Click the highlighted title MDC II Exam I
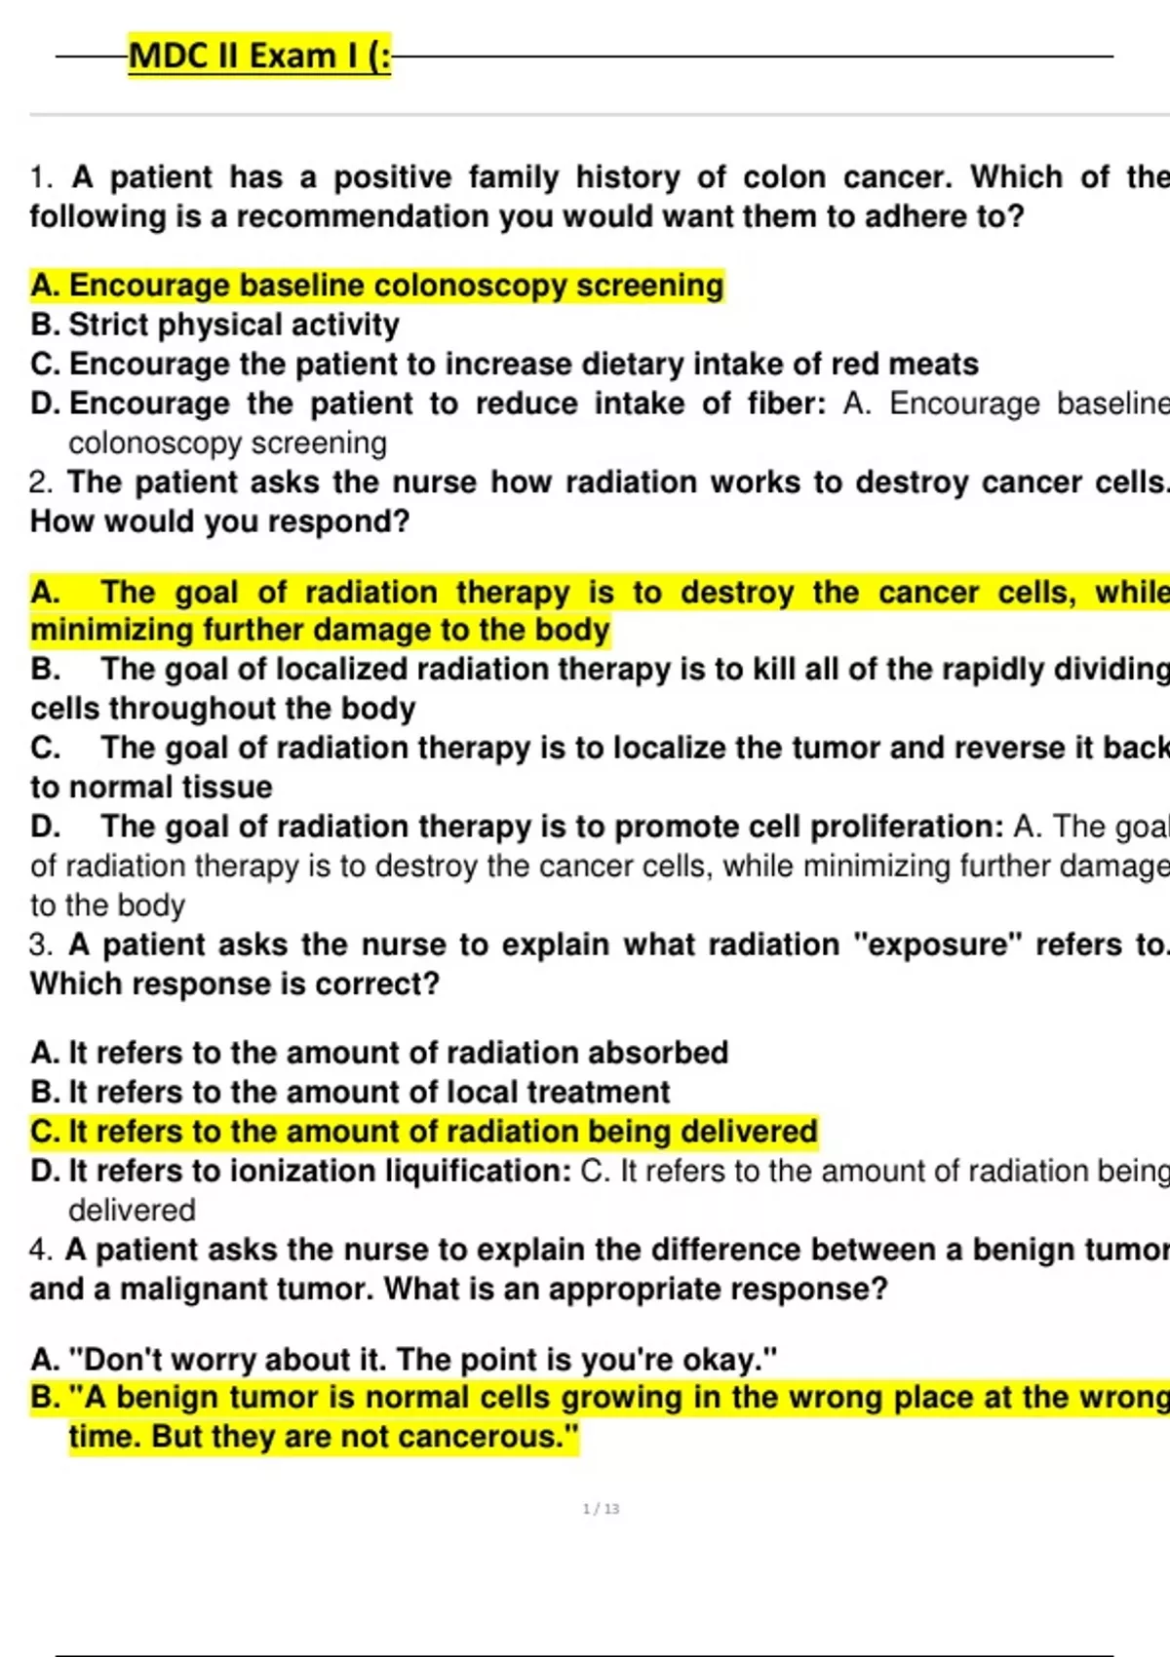(259, 56)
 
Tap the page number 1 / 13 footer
(601, 1509)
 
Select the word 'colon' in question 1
(785, 177)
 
